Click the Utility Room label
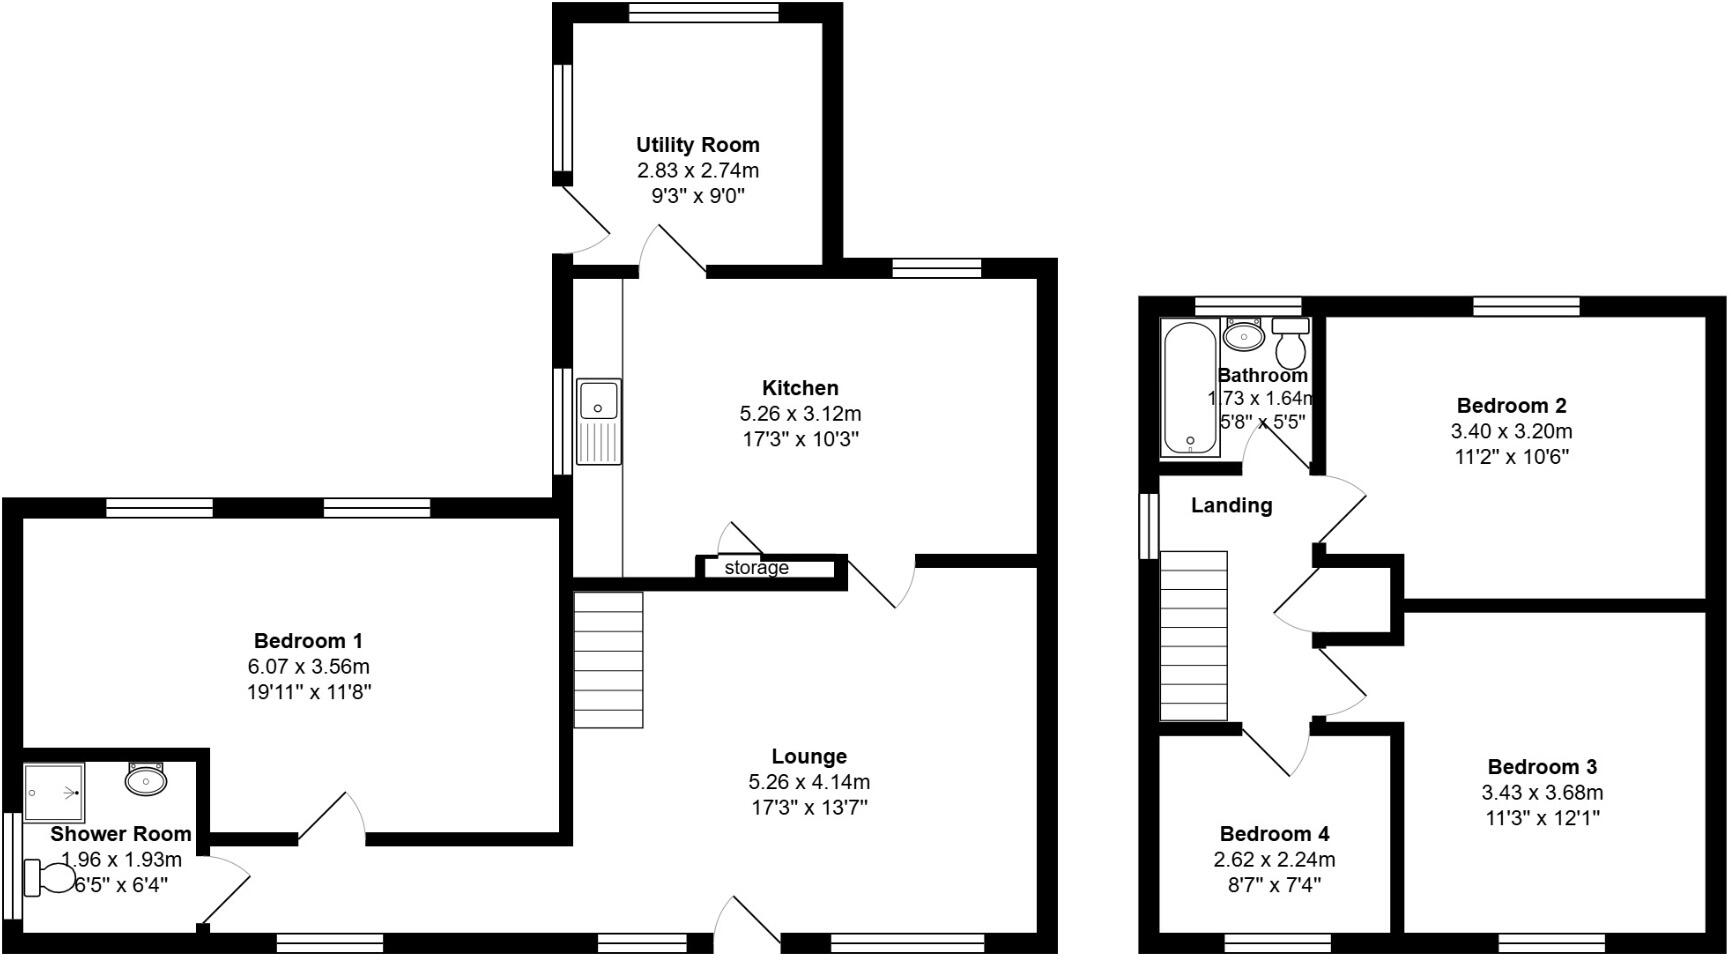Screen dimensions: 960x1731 tap(697, 145)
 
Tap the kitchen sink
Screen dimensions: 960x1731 tap(599, 421)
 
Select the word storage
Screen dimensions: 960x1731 tap(756, 568)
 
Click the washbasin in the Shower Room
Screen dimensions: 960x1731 tap(147, 779)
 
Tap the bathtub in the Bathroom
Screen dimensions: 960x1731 tap(1190, 388)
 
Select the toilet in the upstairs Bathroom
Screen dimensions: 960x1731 tap(1291, 345)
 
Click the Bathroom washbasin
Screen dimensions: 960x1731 tap(1244, 336)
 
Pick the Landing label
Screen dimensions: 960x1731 tap(1231, 506)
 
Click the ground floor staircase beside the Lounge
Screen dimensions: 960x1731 tap(608, 660)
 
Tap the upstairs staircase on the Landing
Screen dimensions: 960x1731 tap(1193, 635)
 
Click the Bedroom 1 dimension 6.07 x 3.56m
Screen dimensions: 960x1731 tap(309, 667)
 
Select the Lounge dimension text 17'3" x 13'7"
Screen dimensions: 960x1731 tap(809, 808)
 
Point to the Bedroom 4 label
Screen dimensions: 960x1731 tap(1274, 834)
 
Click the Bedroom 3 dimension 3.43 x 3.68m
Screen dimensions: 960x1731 tap(1542, 793)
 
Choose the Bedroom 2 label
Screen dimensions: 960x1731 tap(1511, 406)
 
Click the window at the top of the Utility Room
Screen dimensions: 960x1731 tap(704, 12)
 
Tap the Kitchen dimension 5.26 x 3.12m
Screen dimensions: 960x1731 tap(800, 414)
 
